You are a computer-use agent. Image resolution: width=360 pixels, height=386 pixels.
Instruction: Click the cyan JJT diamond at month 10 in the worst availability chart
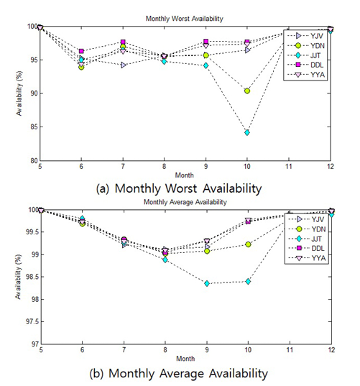coord(247,133)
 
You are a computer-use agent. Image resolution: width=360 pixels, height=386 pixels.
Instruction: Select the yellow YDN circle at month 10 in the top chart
coord(247,91)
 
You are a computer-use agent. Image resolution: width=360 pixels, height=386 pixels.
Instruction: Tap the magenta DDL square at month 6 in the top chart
coord(81,51)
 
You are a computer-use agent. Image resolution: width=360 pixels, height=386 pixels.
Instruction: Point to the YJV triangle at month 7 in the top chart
coord(124,65)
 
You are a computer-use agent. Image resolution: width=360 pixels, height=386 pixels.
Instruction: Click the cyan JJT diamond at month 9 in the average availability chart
coord(207,284)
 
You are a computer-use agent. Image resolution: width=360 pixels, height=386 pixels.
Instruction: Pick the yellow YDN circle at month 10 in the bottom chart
coord(248,244)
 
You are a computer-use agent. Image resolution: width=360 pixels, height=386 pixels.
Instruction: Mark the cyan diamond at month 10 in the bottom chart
coord(248,281)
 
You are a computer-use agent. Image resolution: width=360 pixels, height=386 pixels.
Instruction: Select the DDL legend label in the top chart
coord(317,65)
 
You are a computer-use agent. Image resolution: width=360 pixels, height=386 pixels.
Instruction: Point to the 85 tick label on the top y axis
coord(34,127)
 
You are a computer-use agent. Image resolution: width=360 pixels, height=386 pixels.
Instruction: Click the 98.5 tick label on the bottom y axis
coord(33,277)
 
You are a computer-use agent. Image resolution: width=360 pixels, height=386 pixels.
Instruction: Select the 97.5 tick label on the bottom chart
coord(33,322)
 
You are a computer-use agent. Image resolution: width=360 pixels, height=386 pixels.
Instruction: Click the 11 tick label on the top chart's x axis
coord(289,167)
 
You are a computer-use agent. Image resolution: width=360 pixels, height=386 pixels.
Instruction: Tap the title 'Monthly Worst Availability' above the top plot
coord(184,19)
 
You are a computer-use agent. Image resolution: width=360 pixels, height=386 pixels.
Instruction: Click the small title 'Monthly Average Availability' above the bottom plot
coord(185,202)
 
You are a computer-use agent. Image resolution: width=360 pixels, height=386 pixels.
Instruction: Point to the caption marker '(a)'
coord(102,189)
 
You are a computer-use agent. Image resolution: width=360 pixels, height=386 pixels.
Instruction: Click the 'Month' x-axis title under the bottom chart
coord(185,359)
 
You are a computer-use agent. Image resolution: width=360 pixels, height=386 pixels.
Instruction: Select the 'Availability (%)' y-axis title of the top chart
coord(19,93)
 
